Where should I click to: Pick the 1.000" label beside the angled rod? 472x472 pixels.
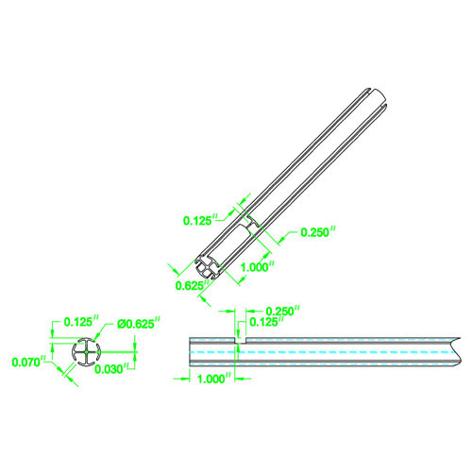tap(257, 267)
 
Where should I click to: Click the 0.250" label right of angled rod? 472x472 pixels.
tap(317, 233)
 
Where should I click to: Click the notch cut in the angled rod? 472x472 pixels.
tap(250, 223)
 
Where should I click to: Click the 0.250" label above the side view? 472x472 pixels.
tap(283, 310)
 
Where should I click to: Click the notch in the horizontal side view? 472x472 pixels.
tap(238, 339)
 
